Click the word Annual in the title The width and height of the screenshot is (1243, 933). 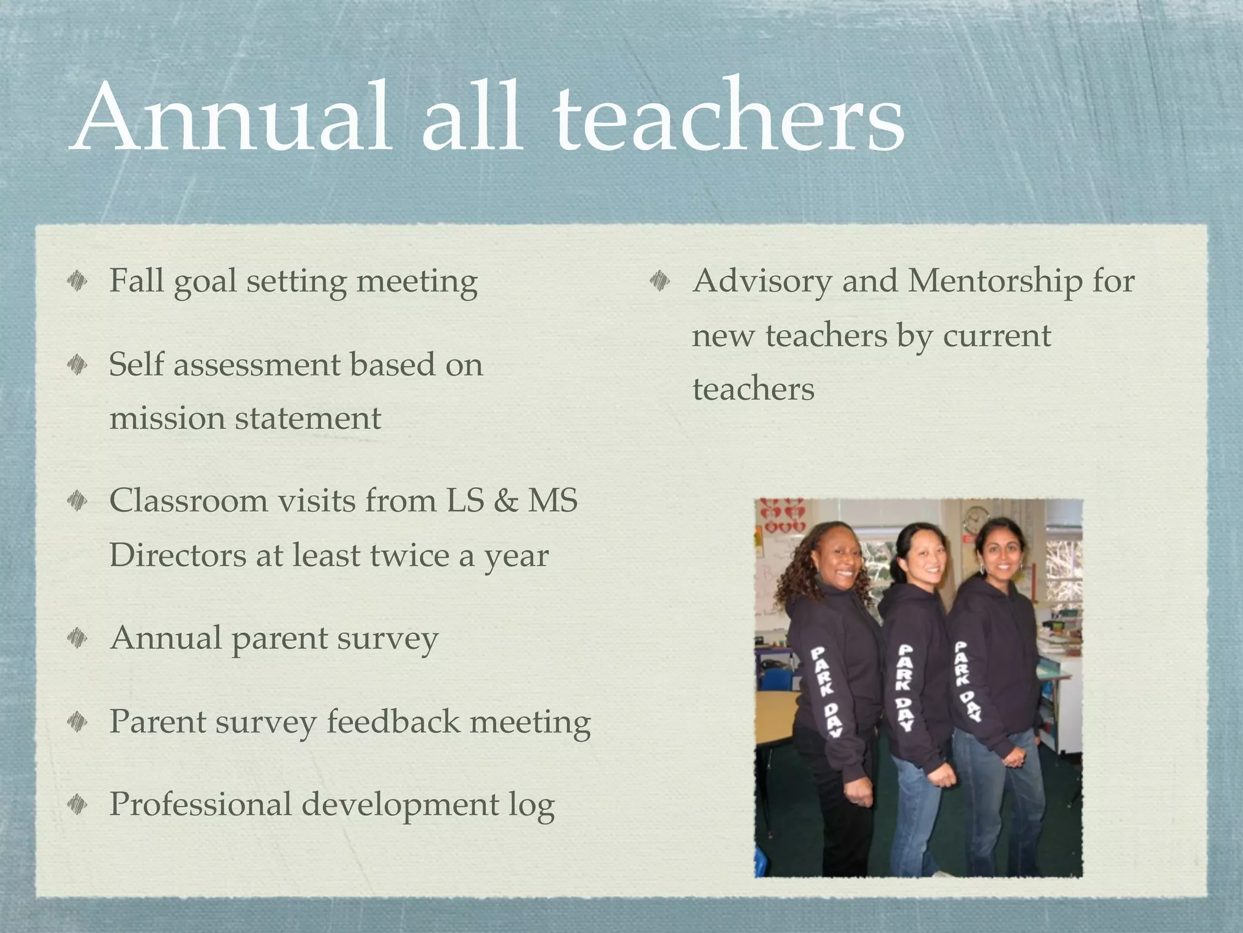pos(231,117)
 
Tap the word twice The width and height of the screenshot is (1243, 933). pos(408,555)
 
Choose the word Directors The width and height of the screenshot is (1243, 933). pos(177,555)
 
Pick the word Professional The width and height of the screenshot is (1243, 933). pos(200,805)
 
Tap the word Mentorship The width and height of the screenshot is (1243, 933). pos(995,282)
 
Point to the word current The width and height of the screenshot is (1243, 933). pos(997,335)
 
